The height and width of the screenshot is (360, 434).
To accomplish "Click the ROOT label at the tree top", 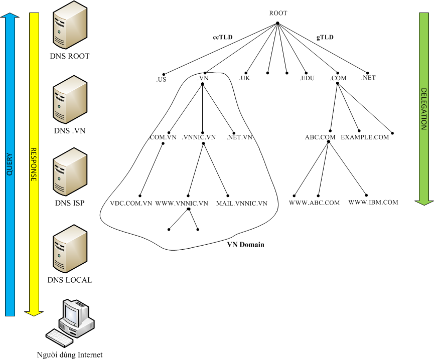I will [x=278, y=13].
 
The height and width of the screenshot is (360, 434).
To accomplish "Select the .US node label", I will [x=161, y=79].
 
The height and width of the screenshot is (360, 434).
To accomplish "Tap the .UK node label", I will [x=244, y=78].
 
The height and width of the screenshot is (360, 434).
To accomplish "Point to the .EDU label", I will [x=307, y=78].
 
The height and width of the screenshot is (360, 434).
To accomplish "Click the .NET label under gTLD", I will [x=368, y=78].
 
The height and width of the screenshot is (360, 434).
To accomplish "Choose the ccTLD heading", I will [x=222, y=37].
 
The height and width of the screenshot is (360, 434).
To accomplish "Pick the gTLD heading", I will [x=325, y=37].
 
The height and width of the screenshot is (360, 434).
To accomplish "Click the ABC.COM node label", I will [x=320, y=137].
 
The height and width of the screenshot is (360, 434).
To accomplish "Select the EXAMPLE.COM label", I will [x=365, y=137].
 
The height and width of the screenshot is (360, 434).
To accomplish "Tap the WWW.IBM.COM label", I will [x=373, y=203].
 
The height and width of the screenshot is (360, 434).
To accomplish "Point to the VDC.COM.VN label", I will [x=131, y=204].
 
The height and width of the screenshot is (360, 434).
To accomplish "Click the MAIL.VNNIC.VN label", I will [x=242, y=204].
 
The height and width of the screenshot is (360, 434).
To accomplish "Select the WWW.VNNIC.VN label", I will [x=182, y=204].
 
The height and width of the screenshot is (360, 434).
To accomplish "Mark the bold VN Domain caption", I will [x=246, y=245].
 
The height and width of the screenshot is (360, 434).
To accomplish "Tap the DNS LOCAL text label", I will [x=70, y=280].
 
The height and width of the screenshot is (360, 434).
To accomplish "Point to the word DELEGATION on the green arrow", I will [x=423, y=109].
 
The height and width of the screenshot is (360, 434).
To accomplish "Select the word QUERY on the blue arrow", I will [x=10, y=164].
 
